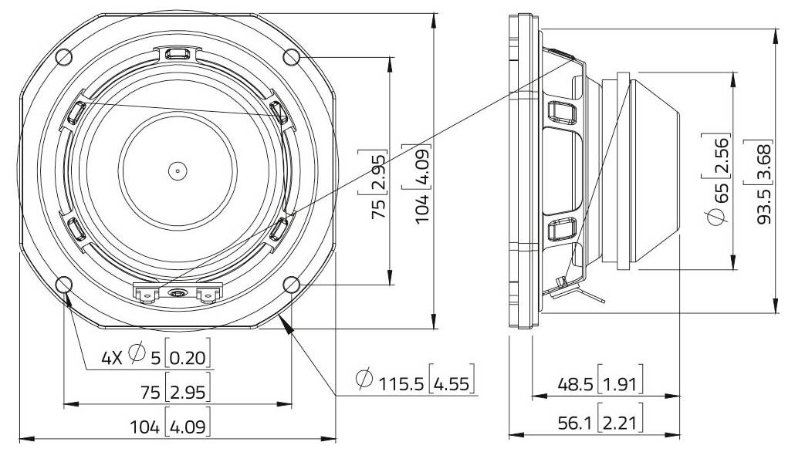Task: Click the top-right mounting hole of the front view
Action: [292, 56]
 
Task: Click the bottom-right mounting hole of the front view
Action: [292, 284]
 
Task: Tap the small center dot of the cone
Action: [178, 170]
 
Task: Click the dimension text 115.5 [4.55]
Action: [414, 381]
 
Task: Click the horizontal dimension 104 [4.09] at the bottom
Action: [177, 425]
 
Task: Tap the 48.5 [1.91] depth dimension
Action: [600, 384]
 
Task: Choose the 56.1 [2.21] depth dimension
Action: [600, 422]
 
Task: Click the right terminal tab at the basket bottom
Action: [208, 293]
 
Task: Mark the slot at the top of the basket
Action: [178, 54]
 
